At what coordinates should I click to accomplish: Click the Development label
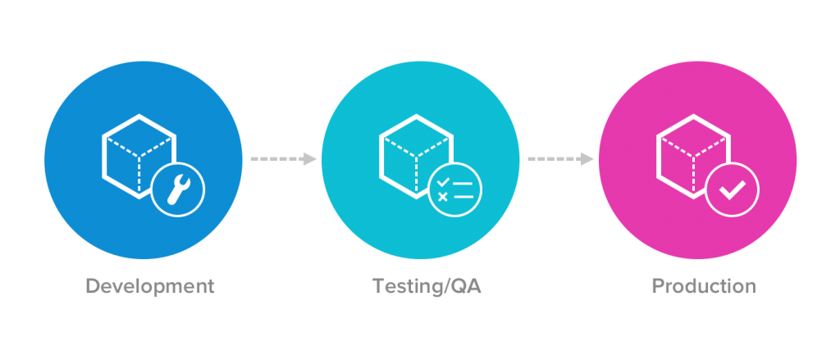click(x=150, y=286)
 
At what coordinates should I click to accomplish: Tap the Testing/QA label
click(x=427, y=286)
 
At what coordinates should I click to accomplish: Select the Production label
click(x=704, y=286)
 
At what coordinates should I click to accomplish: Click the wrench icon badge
click(x=178, y=189)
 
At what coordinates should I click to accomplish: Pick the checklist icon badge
click(x=455, y=189)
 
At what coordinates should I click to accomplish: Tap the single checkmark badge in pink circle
click(x=733, y=189)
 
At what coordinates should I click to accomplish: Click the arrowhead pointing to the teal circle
click(x=309, y=159)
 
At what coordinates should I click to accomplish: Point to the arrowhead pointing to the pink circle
click(x=587, y=159)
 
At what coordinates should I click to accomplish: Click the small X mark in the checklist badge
click(x=442, y=197)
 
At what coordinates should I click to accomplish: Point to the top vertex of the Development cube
click(x=139, y=115)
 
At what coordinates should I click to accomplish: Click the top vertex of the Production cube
click(x=694, y=115)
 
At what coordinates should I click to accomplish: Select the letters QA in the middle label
click(x=466, y=286)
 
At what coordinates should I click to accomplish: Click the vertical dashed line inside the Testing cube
click(x=416, y=175)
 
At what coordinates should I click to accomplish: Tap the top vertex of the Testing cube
click(x=417, y=115)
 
